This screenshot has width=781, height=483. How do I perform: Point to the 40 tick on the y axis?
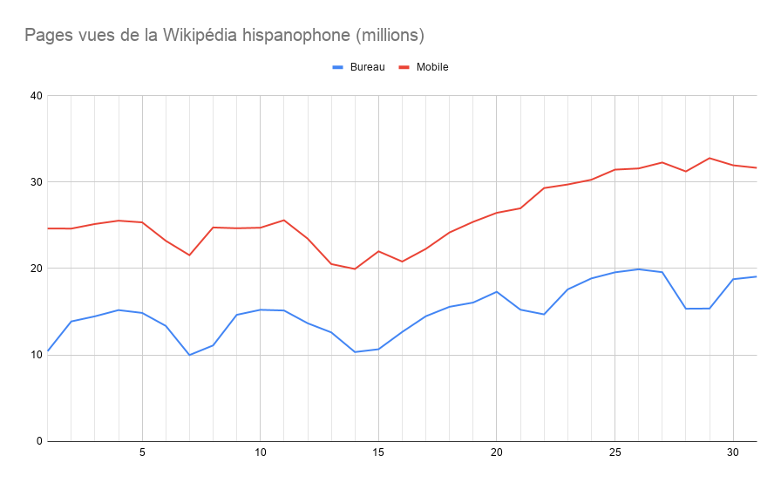[x=36, y=96]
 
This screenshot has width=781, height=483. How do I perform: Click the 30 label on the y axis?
[x=36, y=182]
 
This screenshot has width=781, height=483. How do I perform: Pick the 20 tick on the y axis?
[x=36, y=269]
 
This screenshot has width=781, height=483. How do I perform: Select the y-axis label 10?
[x=36, y=355]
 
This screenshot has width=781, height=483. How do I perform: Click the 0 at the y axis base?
[x=39, y=441]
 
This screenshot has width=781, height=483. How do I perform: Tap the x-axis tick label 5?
[x=142, y=453]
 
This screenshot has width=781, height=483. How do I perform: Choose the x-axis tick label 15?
[x=378, y=453]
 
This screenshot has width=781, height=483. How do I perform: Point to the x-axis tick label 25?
[x=615, y=453]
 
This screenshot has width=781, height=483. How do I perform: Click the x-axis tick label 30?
[x=732, y=453]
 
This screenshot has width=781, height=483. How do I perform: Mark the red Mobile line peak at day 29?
[x=710, y=158]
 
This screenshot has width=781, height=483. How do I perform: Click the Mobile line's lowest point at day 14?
[x=355, y=269]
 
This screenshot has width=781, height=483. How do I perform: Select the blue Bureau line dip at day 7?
[x=189, y=355]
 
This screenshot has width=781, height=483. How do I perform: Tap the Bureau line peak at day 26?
[x=638, y=269]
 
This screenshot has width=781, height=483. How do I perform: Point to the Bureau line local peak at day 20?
[x=496, y=291]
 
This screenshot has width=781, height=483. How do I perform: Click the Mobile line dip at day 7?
[x=189, y=255]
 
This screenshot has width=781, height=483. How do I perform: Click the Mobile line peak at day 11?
[x=284, y=220]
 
